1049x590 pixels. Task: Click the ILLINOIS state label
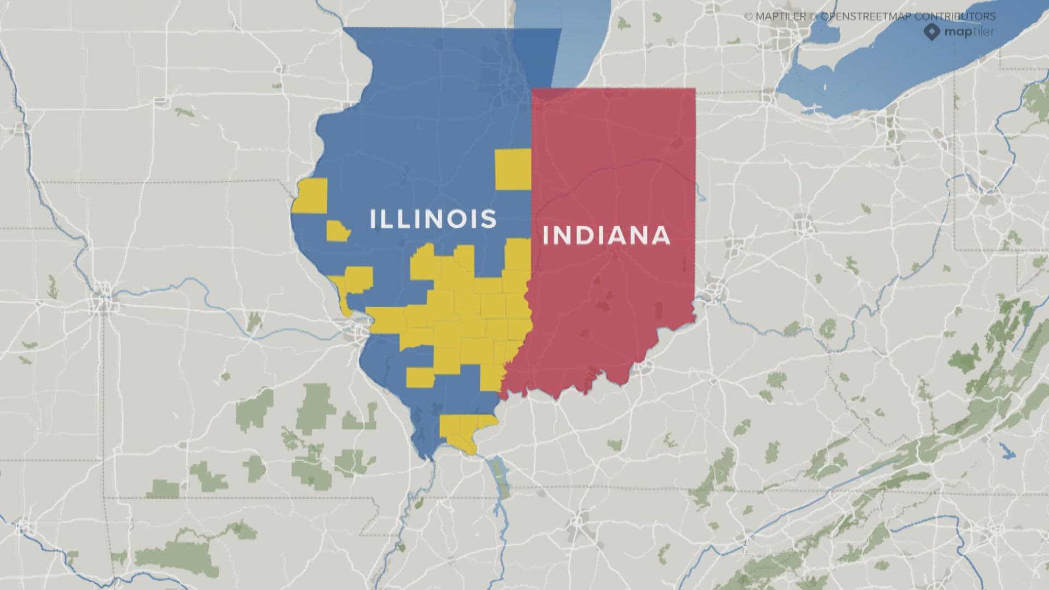click(433, 219)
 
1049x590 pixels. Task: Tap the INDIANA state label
click(606, 235)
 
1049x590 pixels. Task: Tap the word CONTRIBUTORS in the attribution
click(955, 16)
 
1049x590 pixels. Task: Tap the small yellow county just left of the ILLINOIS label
click(338, 231)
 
